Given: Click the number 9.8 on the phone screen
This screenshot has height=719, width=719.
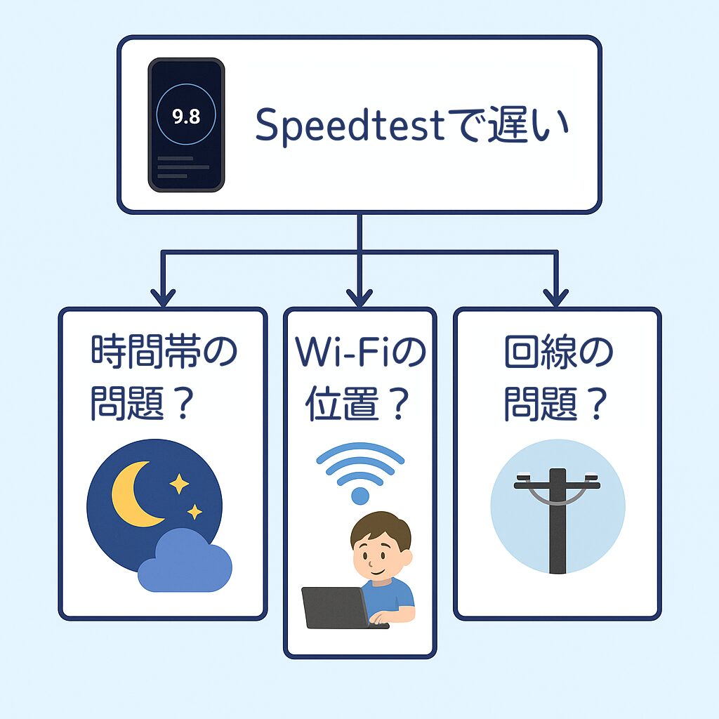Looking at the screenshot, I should point(186,117).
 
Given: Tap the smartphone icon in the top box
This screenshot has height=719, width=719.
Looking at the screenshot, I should point(186,125).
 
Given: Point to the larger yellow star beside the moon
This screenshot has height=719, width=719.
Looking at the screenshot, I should point(179,484).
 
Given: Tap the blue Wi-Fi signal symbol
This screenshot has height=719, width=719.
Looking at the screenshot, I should point(360,466).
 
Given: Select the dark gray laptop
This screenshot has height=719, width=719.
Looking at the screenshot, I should point(335,608).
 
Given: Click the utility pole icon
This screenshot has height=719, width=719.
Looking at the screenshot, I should point(558,520).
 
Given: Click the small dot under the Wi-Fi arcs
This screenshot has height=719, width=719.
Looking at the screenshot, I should point(360,495).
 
